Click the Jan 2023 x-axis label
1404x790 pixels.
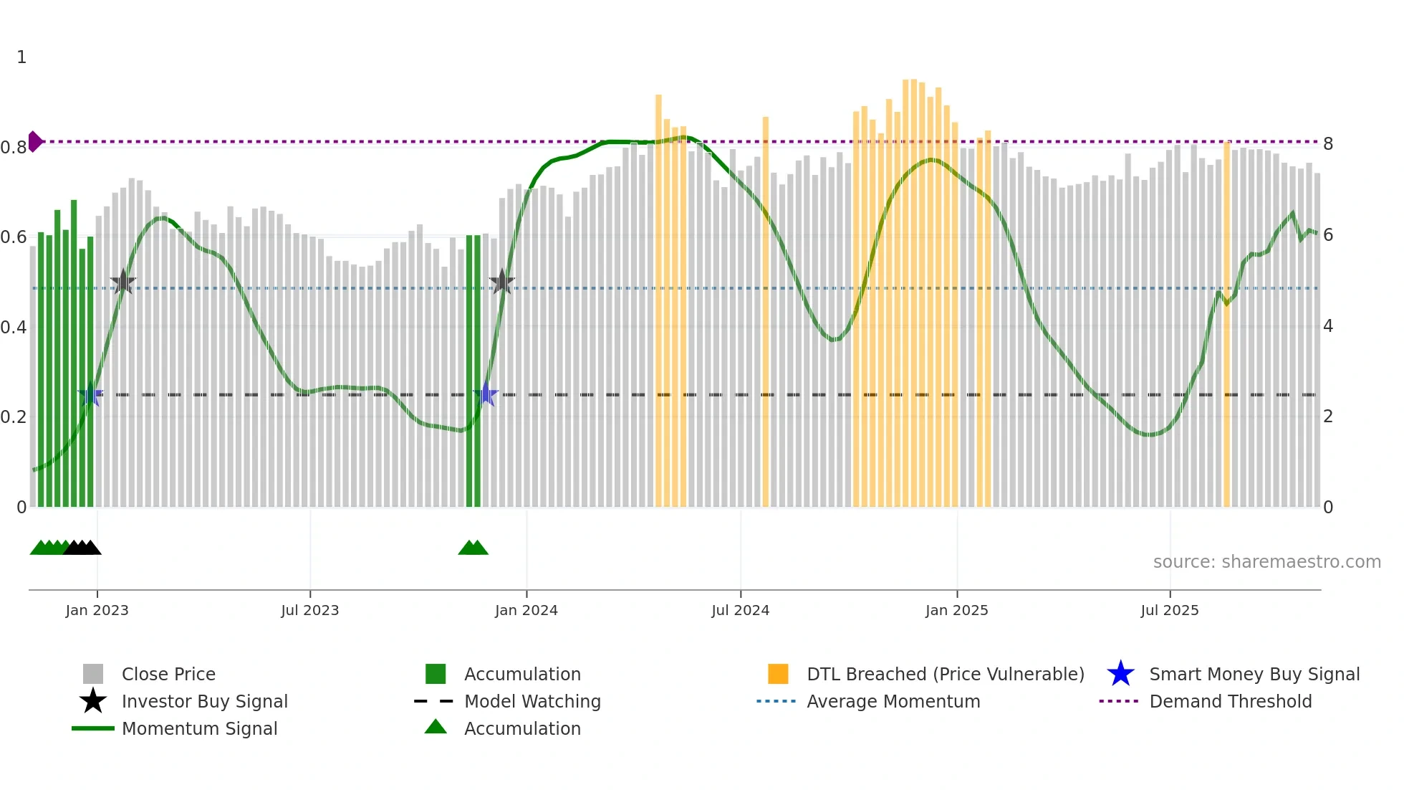click(x=97, y=610)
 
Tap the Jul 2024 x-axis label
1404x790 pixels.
click(x=740, y=610)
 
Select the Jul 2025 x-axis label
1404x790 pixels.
click(x=1169, y=610)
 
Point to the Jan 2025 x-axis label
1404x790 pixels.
click(x=956, y=610)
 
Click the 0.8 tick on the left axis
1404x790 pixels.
click(x=14, y=147)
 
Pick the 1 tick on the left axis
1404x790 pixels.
click(x=21, y=57)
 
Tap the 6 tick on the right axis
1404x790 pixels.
click(x=1328, y=235)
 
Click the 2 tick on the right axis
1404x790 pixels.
click(x=1328, y=417)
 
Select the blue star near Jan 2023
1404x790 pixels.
click(x=90, y=394)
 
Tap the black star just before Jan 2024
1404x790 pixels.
click(x=501, y=282)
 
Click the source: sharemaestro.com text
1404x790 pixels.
click(x=1266, y=562)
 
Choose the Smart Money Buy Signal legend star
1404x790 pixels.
click(x=1120, y=674)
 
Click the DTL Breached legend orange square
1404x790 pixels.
click(x=778, y=674)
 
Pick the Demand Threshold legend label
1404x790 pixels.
click(x=1230, y=701)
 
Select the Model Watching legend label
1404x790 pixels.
click(x=532, y=701)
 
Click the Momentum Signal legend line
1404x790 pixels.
click(x=93, y=728)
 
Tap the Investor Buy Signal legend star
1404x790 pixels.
click(x=93, y=701)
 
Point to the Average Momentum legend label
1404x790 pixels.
click(x=893, y=701)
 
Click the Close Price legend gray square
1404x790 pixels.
click(x=93, y=674)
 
